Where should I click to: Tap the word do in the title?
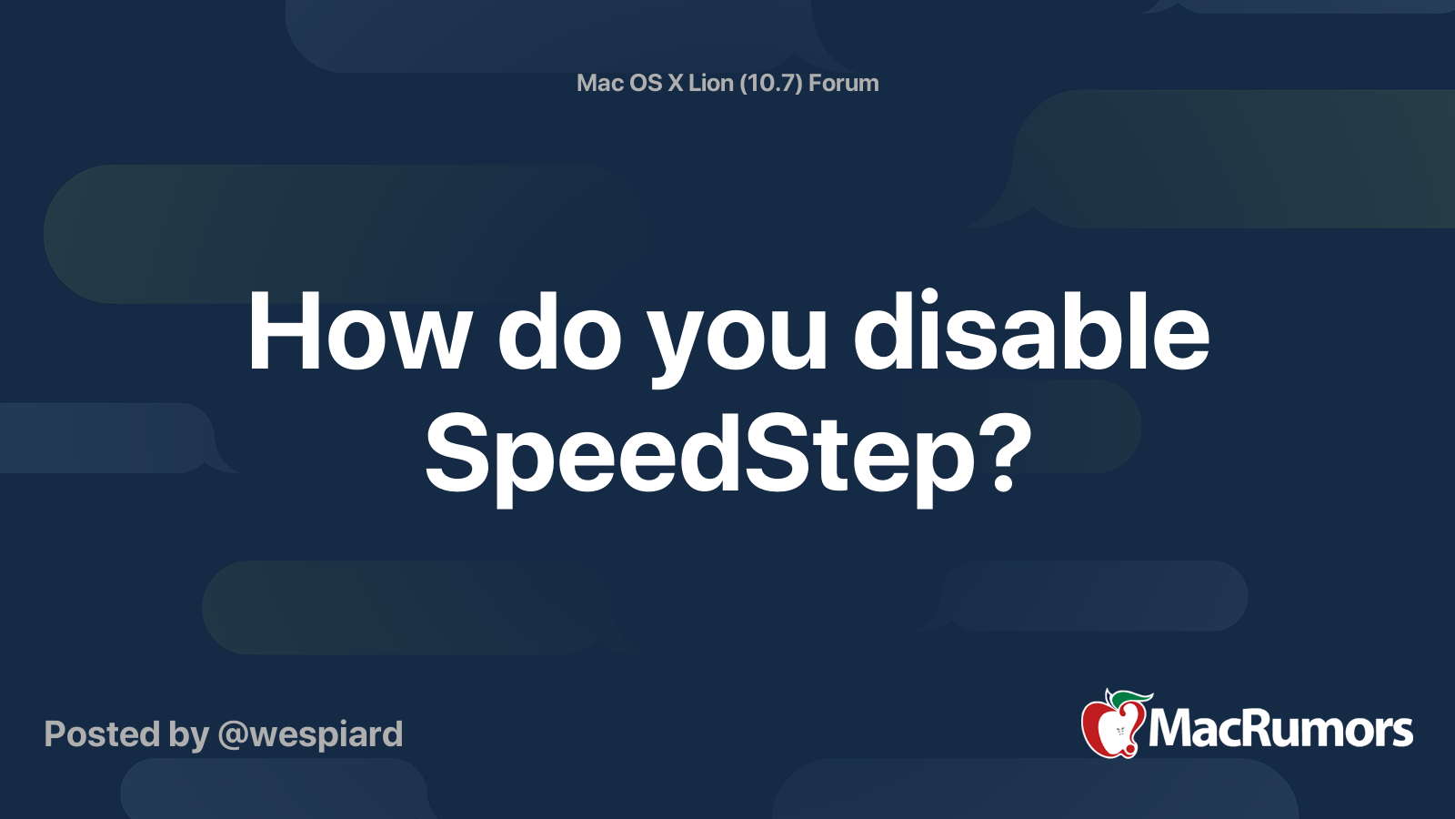click(558, 333)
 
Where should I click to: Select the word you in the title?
click(737, 339)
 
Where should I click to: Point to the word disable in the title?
click(1030, 333)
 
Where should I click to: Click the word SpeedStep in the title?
click(698, 455)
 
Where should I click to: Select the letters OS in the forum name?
click(646, 83)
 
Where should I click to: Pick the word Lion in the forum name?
click(710, 83)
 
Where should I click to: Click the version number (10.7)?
click(771, 83)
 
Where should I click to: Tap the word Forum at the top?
click(844, 83)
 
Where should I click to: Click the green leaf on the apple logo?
click(1129, 698)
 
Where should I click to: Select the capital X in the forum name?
click(675, 83)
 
